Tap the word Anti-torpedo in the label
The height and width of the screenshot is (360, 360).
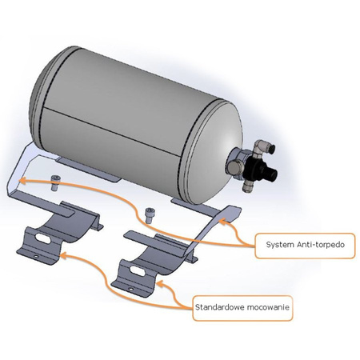[x=321, y=245]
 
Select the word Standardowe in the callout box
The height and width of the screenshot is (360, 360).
[x=219, y=307]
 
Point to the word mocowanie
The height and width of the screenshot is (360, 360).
[x=268, y=307]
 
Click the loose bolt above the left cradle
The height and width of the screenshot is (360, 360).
[x=55, y=182]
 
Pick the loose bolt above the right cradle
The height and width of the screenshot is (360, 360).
[x=150, y=215]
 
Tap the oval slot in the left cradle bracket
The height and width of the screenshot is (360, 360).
[x=43, y=238]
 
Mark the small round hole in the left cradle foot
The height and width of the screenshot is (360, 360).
[x=36, y=257]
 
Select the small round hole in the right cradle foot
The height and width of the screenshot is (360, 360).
[x=130, y=289]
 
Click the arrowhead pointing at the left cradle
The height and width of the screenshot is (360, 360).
[x=64, y=255]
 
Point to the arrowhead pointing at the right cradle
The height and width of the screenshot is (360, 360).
[x=160, y=284]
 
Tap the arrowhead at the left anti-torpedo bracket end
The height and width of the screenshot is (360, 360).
[x=23, y=181]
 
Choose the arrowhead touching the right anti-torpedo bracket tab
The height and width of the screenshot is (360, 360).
[x=222, y=221]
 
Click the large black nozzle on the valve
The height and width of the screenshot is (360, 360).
[x=268, y=172]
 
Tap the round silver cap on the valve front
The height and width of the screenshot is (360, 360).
[x=234, y=166]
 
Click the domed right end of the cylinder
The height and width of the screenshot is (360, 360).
[x=214, y=150]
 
